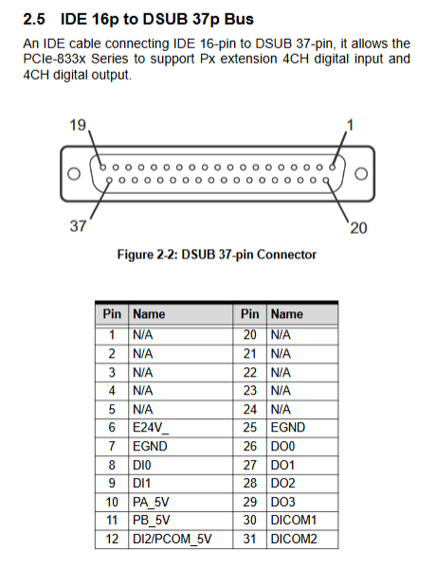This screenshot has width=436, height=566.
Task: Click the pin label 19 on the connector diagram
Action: pos(78,125)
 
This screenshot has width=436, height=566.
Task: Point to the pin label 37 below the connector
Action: pos(78,226)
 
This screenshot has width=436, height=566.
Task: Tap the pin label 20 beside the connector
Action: pos(358,228)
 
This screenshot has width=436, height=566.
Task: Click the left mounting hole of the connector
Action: pos(74,174)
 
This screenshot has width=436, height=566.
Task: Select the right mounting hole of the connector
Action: pos(361,174)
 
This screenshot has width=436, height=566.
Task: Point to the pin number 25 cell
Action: pos(250,428)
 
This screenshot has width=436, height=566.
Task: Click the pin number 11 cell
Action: pos(112,521)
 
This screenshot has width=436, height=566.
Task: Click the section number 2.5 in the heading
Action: pos(34,19)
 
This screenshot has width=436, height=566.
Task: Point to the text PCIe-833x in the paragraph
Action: pos(54,59)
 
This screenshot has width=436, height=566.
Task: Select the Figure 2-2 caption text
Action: pos(216,255)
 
